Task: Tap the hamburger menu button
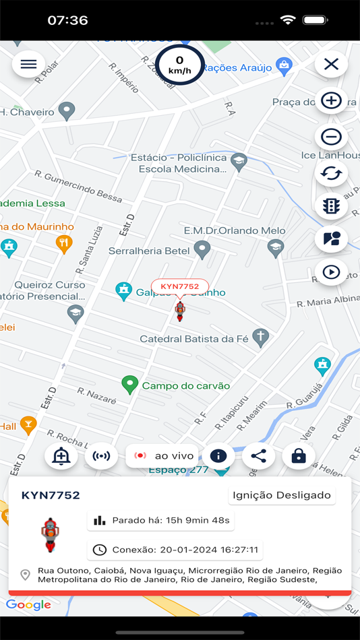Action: coord(28,64)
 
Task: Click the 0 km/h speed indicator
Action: coord(179,65)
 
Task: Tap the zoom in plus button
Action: coord(331,100)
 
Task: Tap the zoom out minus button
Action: coord(331,137)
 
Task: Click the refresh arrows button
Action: coord(331,174)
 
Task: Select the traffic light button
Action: coord(331,206)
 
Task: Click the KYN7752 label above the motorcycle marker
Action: coord(180,286)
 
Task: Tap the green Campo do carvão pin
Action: coord(129,385)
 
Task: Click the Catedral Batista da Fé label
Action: coord(195,339)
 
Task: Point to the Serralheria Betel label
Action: coord(149,251)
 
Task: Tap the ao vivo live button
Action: coord(162,456)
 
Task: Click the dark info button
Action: coord(218,456)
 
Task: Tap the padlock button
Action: coord(299,456)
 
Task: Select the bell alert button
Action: coord(61,456)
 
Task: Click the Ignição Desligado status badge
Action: coord(282,495)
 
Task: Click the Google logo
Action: coord(28,605)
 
